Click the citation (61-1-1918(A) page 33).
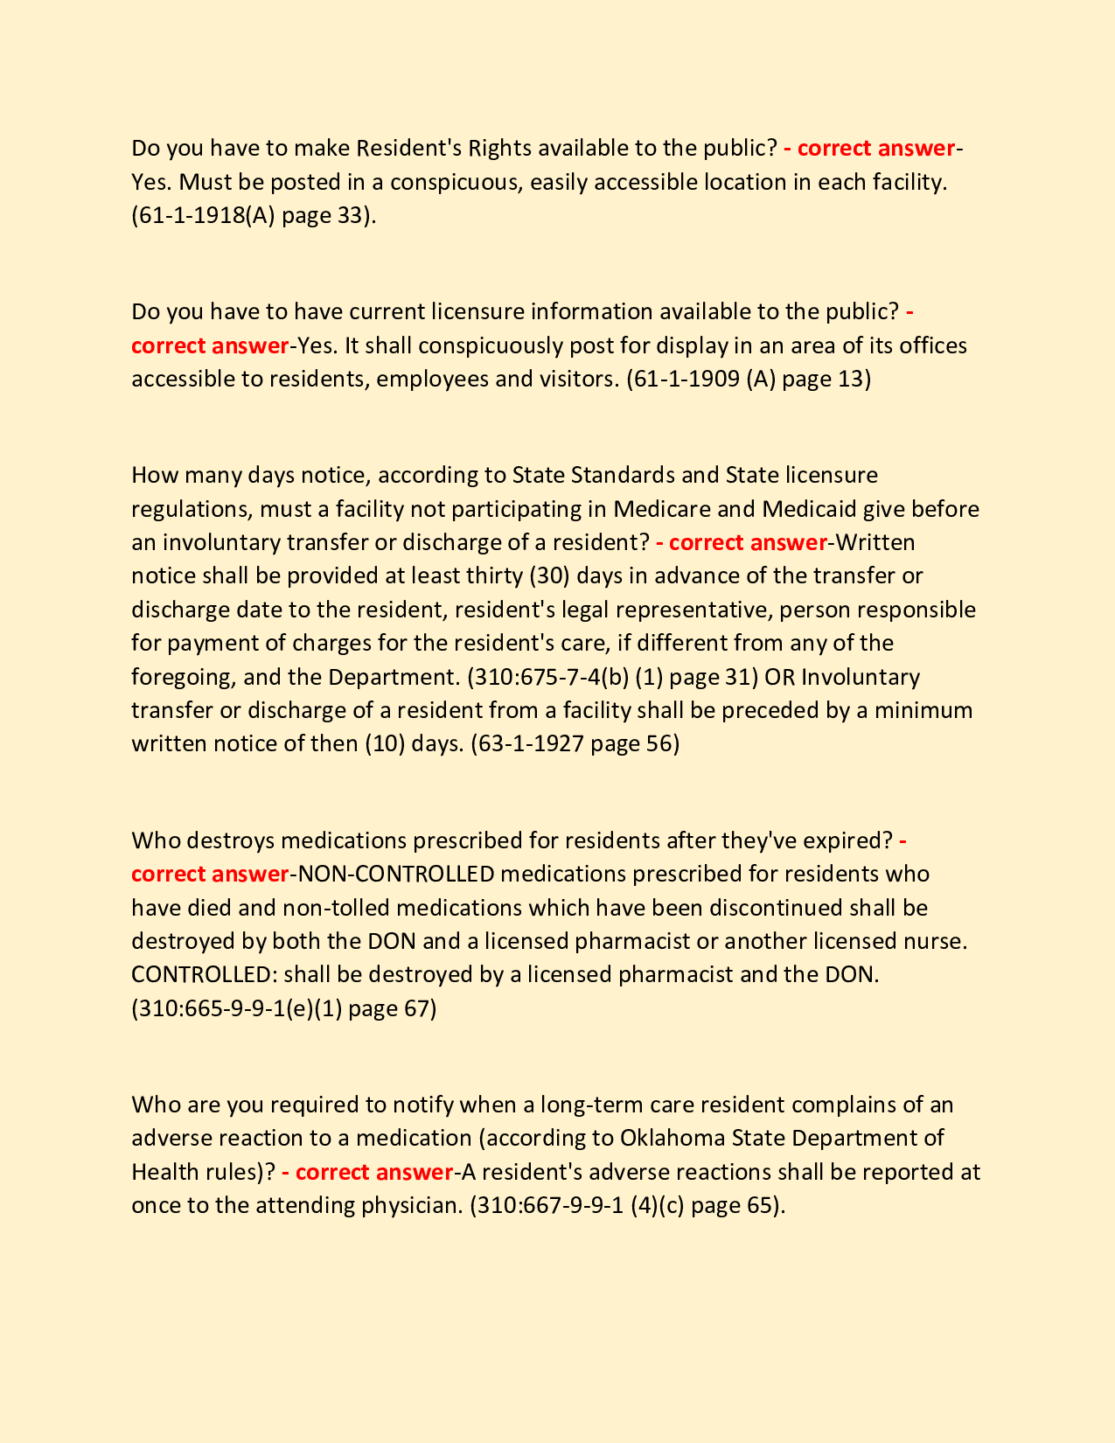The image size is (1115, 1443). pos(254,215)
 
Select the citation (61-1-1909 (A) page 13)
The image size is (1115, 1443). pos(749,379)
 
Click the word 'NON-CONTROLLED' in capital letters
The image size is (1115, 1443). pos(397,874)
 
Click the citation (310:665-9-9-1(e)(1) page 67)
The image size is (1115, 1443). pos(283,1008)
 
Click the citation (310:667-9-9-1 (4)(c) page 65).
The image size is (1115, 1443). pos(627,1205)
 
